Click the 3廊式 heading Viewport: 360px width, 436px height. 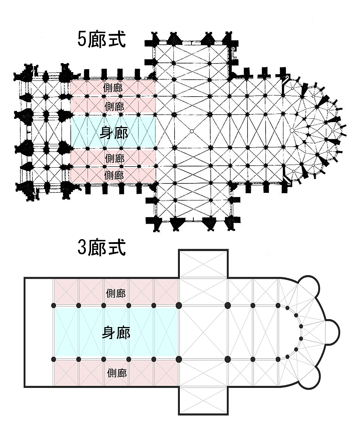tap(101, 248)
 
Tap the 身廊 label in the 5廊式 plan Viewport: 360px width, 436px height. tap(114, 132)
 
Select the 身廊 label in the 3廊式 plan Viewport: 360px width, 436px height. tap(116, 333)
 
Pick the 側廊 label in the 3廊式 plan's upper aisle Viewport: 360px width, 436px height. tap(116, 292)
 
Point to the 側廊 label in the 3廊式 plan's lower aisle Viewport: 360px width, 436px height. tap(117, 373)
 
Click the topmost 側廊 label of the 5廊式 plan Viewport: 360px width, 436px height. tap(114, 88)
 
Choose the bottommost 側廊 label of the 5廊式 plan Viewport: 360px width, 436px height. tap(114, 175)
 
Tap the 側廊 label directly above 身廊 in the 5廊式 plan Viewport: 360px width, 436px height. tap(114, 106)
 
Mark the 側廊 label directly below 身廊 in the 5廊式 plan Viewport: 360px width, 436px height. tap(114, 158)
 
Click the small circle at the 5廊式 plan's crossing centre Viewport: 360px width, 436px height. tap(192, 131)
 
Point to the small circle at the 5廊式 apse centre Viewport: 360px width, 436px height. tap(292, 130)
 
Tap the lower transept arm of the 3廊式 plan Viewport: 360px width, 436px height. tap(203, 400)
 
